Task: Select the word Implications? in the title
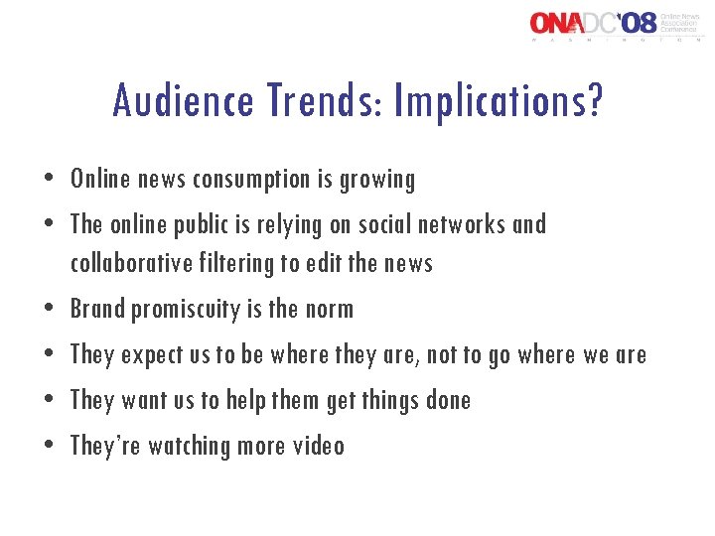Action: coord(498,101)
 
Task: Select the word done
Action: coord(446,400)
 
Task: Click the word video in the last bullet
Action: coord(318,446)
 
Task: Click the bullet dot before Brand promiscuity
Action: coord(50,310)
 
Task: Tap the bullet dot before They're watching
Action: coord(50,447)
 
